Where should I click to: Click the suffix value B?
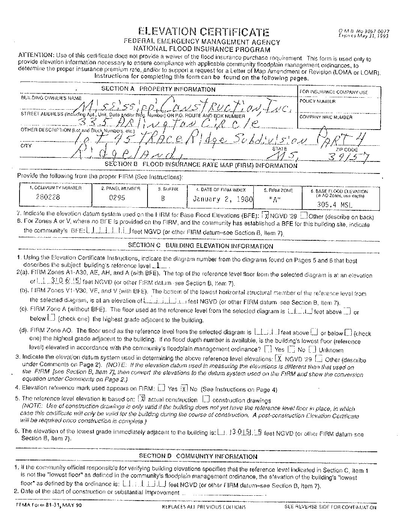[x=163, y=198]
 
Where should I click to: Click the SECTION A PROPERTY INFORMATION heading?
[x=158, y=89]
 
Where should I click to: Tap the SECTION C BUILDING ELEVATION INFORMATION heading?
[x=200, y=246]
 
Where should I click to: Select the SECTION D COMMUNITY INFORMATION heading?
[x=198, y=456]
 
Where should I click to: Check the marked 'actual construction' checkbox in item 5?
[x=142, y=399]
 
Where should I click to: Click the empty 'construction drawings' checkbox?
[x=206, y=399]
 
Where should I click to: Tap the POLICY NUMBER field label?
[x=317, y=101]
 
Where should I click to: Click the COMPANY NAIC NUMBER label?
[x=325, y=117]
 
